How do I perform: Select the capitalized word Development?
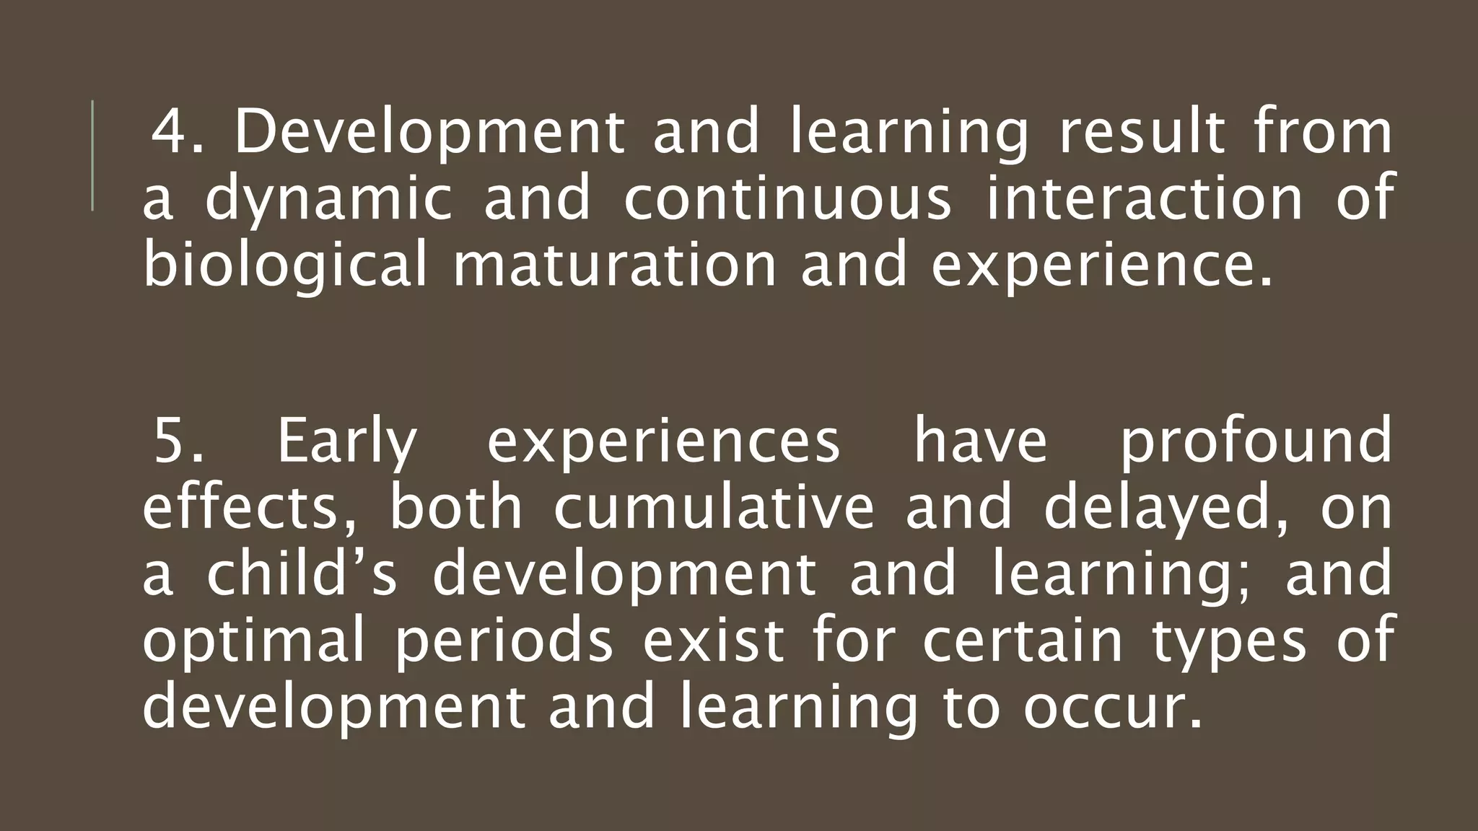coord(429,133)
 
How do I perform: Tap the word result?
coord(1141,133)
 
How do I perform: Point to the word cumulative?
coord(714,508)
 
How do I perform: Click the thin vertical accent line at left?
coord(92,156)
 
